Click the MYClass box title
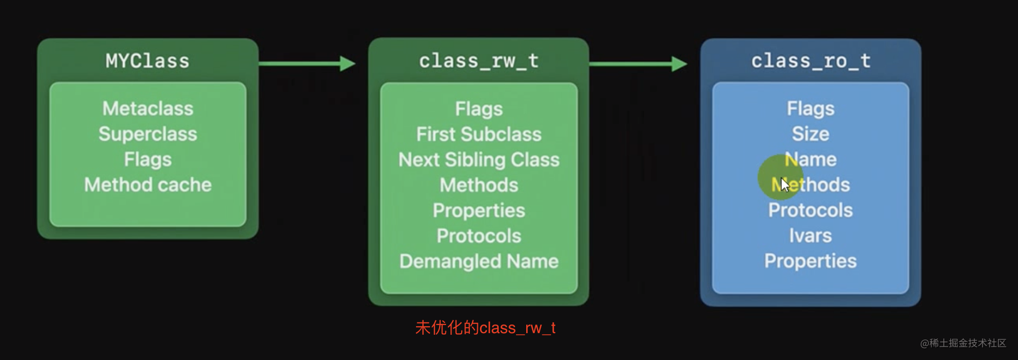pyautogui.click(x=147, y=61)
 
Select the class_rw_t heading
pyautogui.click(x=478, y=61)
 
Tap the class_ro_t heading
pyautogui.click(x=811, y=61)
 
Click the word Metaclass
pyautogui.click(x=148, y=109)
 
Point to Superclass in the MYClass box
pyautogui.click(x=148, y=134)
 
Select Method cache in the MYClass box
pyautogui.click(x=148, y=185)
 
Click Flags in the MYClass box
pyautogui.click(x=148, y=160)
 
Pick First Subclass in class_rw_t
pyautogui.click(x=479, y=134)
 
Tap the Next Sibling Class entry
pyautogui.click(x=479, y=160)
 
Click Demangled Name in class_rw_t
pyautogui.click(x=479, y=261)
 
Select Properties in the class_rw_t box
pyautogui.click(x=479, y=211)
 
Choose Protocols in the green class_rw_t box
pyautogui.click(x=479, y=236)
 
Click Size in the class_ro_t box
pyautogui.click(x=811, y=134)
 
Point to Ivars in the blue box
pyautogui.click(x=811, y=236)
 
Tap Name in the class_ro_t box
pyautogui.click(x=811, y=160)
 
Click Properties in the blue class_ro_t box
pyautogui.click(x=811, y=261)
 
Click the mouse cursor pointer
pyautogui.click(x=785, y=185)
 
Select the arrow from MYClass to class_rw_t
pyautogui.click(x=307, y=63)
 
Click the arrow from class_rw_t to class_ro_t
pyautogui.click(x=638, y=64)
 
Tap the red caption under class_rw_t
pyautogui.click(x=485, y=328)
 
